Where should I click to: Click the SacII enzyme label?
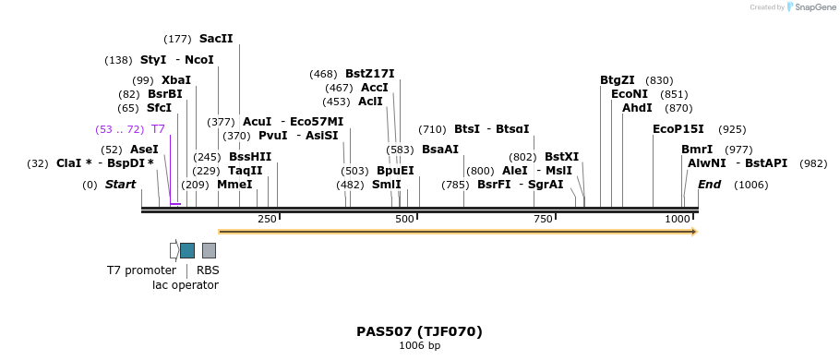tap(216, 39)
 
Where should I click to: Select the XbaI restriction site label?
tap(175, 80)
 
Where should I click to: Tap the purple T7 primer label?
tap(158, 129)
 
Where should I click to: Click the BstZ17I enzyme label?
tap(369, 74)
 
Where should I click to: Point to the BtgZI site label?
tap(618, 80)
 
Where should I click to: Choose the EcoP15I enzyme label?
tap(678, 129)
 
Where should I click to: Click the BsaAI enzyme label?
tap(439, 150)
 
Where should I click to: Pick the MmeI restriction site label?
tap(234, 185)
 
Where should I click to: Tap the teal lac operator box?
tap(187, 250)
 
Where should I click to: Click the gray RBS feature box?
tap(209, 250)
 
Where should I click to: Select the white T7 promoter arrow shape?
tap(174, 250)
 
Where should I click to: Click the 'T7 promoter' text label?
tap(141, 270)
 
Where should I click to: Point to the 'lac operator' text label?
tap(186, 285)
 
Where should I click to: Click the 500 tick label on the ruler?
tap(404, 219)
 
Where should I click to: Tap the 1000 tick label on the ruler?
tap(678, 219)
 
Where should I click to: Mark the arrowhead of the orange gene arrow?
tap(692, 232)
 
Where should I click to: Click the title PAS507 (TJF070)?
tap(419, 331)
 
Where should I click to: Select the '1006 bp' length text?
tap(419, 346)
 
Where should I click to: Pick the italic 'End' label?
tap(709, 185)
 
